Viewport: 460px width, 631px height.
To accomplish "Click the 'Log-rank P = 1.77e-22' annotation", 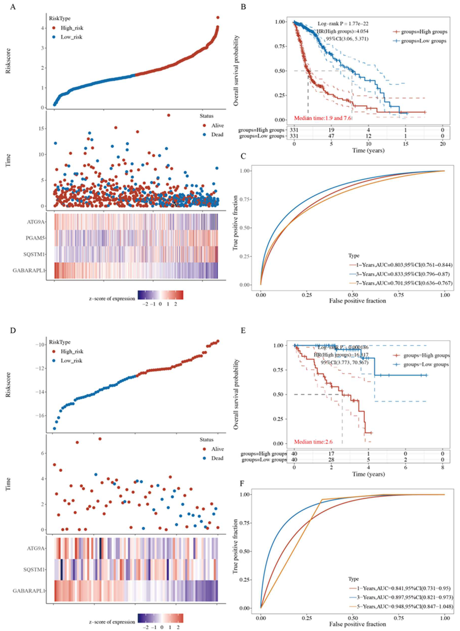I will [343, 24].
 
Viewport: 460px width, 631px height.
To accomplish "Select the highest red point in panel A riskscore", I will [218, 18].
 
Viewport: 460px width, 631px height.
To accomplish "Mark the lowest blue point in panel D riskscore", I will [54, 428].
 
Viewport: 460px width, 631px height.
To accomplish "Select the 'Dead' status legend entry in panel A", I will [217, 135].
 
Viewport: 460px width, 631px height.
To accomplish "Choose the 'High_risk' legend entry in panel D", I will [72, 351].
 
